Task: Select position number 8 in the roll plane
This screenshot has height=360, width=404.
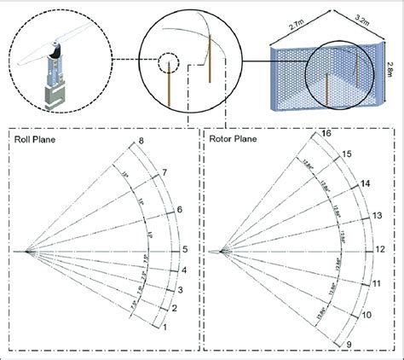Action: click(141, 140)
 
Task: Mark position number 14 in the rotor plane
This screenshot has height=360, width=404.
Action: click(365, 183)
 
